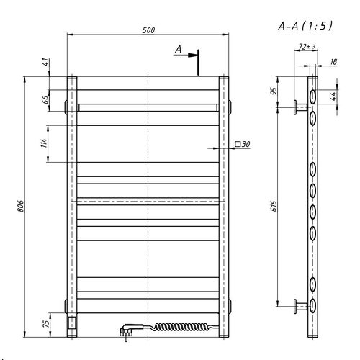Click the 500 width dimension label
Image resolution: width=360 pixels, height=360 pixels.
pos(148,30)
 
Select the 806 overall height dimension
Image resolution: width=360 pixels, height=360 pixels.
pos(21,206)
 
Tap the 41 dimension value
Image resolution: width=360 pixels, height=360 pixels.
pos(46,63)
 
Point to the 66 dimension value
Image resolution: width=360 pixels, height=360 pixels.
pos(45,99)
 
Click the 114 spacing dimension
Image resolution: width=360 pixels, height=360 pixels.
pos(44,143)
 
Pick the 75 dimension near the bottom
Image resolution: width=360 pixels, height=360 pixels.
pos(46,323)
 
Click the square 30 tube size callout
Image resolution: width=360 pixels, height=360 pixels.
pos(243,144)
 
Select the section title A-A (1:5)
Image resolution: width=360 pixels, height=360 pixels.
pos(305,26)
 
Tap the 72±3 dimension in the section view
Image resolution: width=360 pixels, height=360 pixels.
pos(307,47)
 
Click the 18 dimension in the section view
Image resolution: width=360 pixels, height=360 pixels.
pos(333,62)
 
